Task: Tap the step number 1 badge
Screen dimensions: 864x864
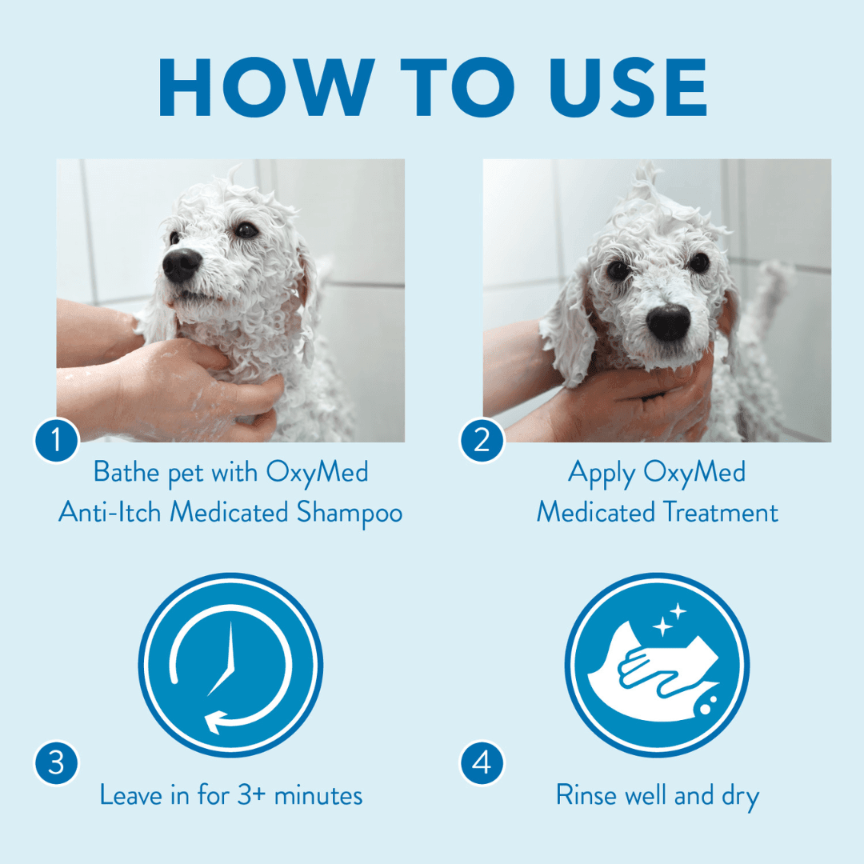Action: [57, 440]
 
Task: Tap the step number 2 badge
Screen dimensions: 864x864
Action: [482, 440]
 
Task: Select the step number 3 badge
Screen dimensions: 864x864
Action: [57, 762]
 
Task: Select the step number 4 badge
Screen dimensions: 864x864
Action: [482, 762]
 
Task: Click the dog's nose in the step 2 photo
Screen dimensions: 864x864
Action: [669, 322]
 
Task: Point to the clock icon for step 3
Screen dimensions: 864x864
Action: [230, 665]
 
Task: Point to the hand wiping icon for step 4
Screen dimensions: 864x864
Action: [656, 665]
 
